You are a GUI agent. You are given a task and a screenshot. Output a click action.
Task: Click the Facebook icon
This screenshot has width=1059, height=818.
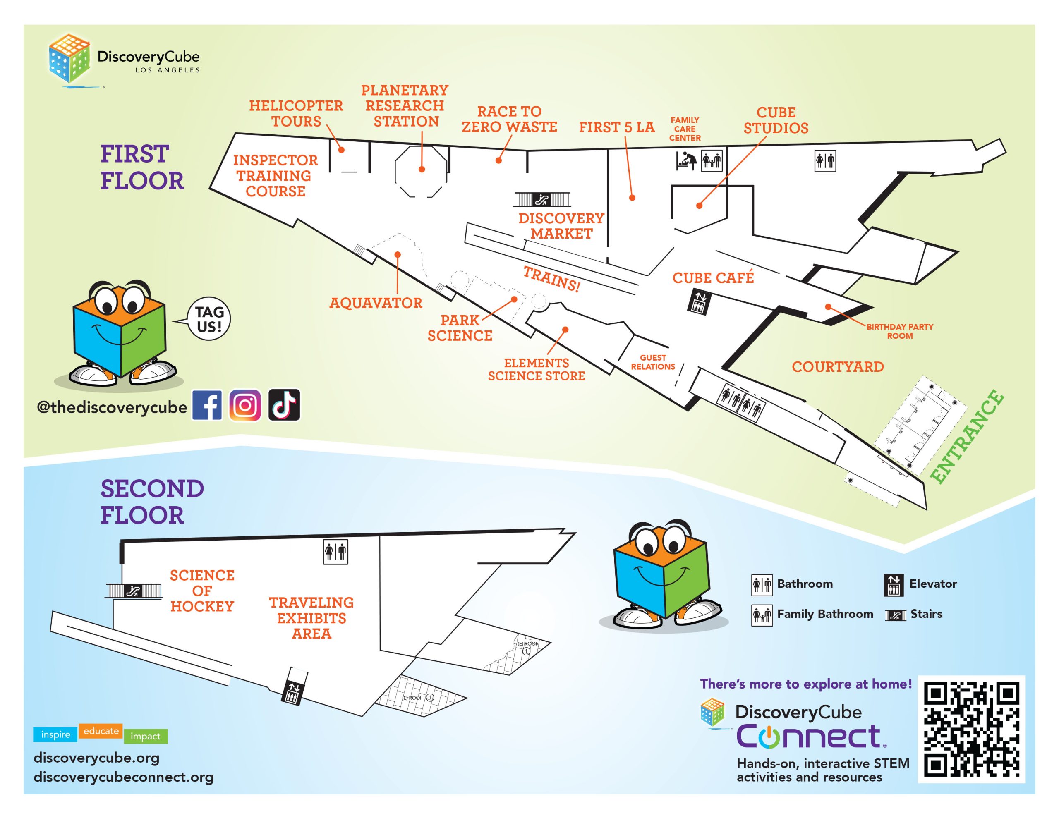[x=207, y=405]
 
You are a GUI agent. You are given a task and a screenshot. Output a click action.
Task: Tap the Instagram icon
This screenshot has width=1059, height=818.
[x=245, y=405]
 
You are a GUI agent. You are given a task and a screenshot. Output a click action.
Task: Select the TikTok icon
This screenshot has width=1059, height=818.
[x=284, y=405]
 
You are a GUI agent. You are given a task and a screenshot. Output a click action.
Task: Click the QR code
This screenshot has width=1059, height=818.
[x=971, y=729]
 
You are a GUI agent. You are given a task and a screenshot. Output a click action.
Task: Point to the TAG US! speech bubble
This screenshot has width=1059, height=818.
[x=209, y=319]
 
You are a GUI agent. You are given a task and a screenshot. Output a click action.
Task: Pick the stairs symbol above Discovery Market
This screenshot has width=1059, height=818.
[x=542, y=199]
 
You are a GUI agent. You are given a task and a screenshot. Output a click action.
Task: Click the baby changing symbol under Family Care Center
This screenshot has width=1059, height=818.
[x=686, y=160]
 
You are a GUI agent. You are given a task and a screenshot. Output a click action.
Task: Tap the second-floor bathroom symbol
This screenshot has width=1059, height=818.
[x=335, y=551]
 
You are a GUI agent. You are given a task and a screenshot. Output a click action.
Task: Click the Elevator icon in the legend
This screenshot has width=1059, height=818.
[x=893, y=585]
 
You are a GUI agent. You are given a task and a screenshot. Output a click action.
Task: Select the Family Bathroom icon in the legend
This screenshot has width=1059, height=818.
[x=762, y=615]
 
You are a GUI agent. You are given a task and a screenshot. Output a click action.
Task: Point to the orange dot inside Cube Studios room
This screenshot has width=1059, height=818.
[x=699, y=206]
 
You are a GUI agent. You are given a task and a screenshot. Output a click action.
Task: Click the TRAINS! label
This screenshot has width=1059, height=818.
[x=551, y=279]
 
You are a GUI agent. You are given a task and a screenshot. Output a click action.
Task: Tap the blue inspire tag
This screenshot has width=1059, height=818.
[x=55, y=734]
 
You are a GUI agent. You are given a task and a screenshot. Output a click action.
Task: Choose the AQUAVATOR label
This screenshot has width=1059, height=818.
[x=376, y=303]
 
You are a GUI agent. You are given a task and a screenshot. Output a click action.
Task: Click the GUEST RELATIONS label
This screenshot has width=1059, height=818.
[x=653, y=362]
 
